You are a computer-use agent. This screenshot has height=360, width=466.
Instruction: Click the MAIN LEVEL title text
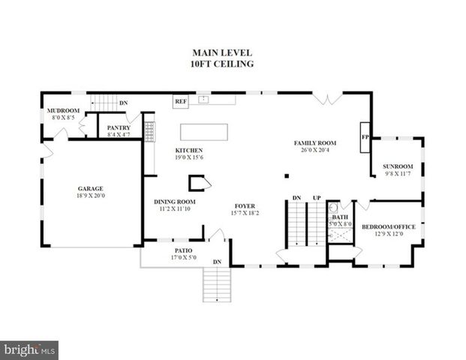(x=222, y=52)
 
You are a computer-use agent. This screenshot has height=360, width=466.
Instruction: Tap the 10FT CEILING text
(x=222, y=64)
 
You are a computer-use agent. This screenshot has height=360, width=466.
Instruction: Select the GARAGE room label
(x=90, y=188)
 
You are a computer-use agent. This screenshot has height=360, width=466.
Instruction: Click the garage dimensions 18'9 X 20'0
(x=90, y=196)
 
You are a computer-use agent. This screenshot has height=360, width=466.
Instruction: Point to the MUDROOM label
(x=63, y=110)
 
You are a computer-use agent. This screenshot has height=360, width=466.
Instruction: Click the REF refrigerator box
(x=180, y=100)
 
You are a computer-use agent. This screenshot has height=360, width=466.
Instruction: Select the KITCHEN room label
(x=189, y=150)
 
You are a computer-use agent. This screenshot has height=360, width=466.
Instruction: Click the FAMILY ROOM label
(x=314, y=142)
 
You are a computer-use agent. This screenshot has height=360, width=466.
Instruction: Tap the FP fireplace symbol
(x=365, y=137)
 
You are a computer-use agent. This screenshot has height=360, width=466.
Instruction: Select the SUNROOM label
(x=398, y=166)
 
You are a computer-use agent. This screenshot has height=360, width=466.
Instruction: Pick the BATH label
(x=339, y=217)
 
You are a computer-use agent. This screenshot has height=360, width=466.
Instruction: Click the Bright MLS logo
(x=29, y=349)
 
